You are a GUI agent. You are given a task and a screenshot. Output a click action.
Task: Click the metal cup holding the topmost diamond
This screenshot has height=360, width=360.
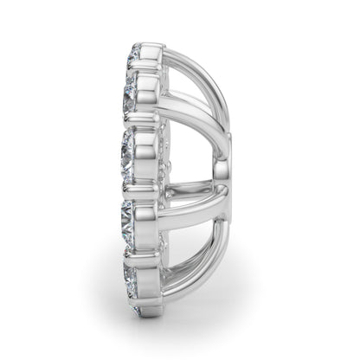click(152, 57)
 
